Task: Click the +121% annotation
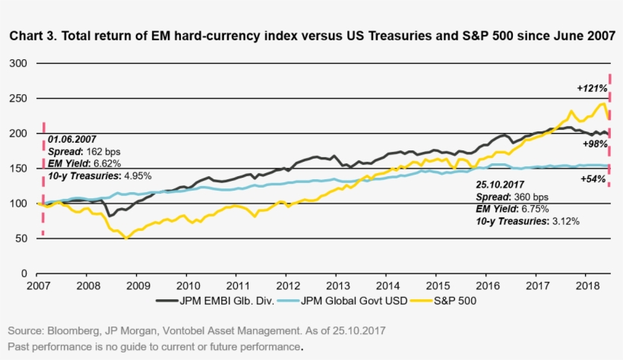click(x=590, y=88)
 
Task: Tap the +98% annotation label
click(x=593, y=144)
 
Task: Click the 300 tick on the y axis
click(x=17, y=63)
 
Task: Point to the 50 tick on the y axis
click(x=21, y=238)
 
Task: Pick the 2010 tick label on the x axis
click(x=188, y=286)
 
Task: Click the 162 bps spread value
click(x=105, y=152)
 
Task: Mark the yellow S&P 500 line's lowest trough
click(x=127, y=238)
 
